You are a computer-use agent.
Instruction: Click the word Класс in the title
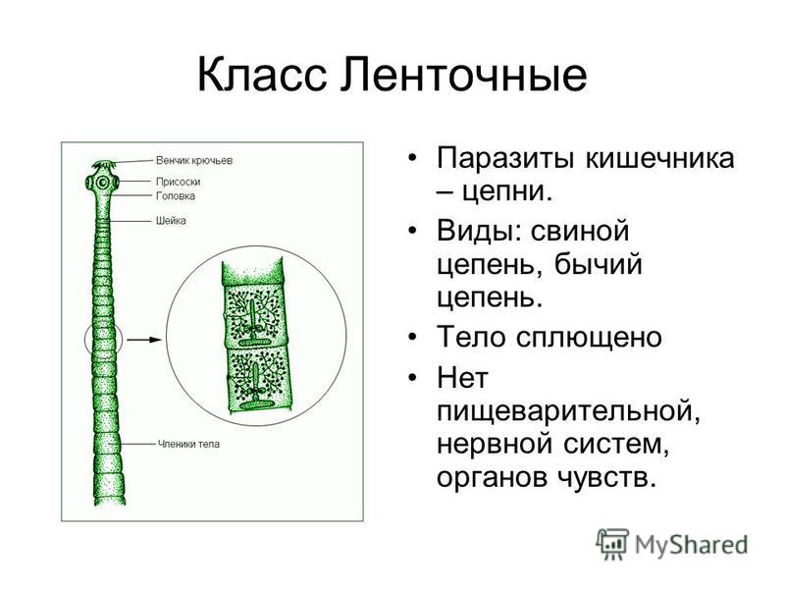(x=262, y=75)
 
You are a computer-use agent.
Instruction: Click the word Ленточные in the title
(x=463, y=75)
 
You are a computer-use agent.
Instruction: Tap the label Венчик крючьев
(x=194, y=161)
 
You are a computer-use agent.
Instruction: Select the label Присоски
(x=179, y=182)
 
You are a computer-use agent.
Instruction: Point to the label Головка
(x=176, y=195)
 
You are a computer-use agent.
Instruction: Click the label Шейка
(x=171, y=220)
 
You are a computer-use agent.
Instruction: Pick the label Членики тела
(x=188, y=444)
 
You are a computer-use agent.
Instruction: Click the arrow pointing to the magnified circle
(x=144, y=340)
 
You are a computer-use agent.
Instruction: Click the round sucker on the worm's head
(x=103, y=183)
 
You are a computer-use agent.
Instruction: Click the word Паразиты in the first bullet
(x=505, y=159)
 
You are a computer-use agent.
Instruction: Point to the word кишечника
(x=659, y=159)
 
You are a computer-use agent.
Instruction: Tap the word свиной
(x=580, y=231)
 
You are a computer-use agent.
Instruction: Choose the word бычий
(x=598, y=265)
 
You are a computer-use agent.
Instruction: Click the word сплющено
(x=589, y=338)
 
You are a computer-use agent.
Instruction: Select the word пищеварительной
(x=568, y=410)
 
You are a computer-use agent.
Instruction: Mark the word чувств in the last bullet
(x=605, y=478)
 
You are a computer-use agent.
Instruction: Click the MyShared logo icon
(x=611, y=545)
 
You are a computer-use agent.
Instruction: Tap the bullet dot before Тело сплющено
(x=412, y=337)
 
